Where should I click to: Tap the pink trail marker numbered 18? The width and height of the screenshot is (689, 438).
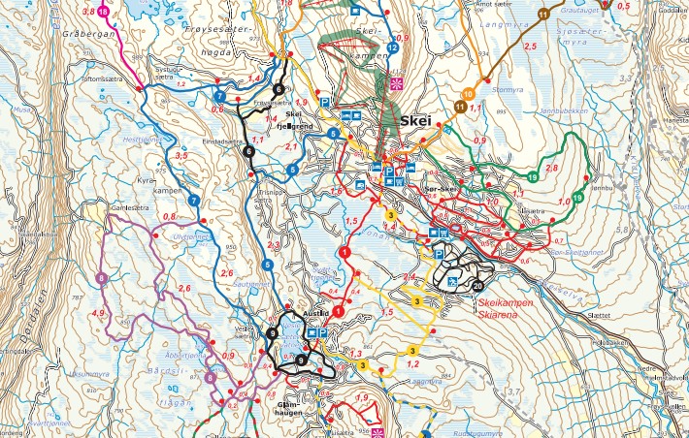coord(104,11)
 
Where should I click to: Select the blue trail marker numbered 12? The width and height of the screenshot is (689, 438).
coord(392,47)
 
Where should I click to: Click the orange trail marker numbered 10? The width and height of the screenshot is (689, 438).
coord(469,94)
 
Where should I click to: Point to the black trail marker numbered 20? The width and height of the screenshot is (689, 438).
coord(477,286)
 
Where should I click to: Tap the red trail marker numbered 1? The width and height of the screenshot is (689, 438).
coord(344,252)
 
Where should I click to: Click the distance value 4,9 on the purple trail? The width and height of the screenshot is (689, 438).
coord(97,314)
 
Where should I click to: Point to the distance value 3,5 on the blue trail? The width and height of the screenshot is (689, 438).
coord(179,155)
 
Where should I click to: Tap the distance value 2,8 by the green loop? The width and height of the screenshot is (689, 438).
coord(552,169)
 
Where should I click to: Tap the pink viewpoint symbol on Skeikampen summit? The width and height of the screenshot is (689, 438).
coord(395,82)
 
